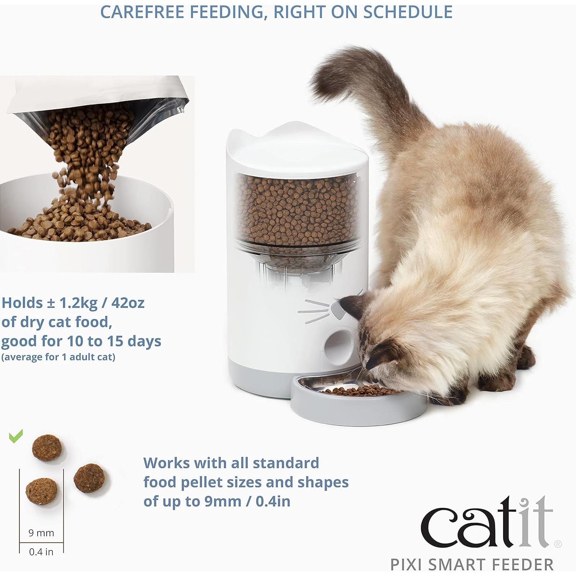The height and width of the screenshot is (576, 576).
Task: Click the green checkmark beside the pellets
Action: [16, 436]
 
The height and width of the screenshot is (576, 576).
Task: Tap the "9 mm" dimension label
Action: [41, 533]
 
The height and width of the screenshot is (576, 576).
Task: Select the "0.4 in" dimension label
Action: [41, 552]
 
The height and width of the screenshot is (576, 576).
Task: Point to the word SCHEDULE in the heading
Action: [408, 12]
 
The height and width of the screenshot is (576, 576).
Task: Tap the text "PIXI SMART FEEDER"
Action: [472, 565]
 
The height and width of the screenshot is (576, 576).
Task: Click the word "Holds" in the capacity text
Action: [22, 303]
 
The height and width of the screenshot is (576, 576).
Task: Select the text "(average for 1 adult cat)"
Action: [58, 357]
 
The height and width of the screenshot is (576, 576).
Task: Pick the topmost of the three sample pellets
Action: [47, 447]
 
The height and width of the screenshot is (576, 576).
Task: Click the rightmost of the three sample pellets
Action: [89, 478]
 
